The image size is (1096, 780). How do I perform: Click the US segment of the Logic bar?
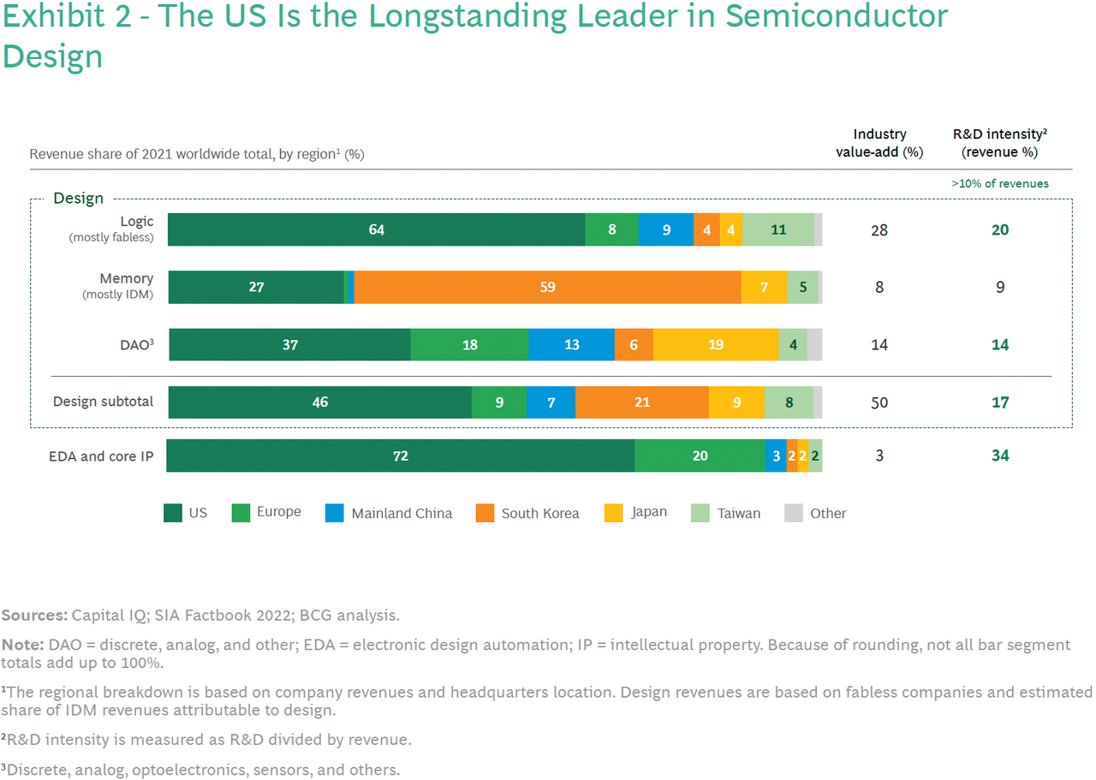pyautogui.click(x=376, y=229)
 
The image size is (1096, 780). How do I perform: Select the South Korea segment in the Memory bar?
pyautogui.click(x=547, y=287)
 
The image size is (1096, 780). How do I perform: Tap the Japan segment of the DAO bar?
pyautogui.click(x=716, y=344)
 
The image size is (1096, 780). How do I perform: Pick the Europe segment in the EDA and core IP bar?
pyautogui.click(x=700, y=455)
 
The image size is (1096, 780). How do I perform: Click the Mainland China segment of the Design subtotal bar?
pyautogui.click(x=551, y=402)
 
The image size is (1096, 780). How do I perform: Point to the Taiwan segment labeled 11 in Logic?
pyautogui.click(x=778, y=229)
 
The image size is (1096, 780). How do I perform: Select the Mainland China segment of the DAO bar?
pyautogui.click(x=571, y=344)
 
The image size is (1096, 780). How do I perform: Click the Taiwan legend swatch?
pyautogui.click(x=700, y=513)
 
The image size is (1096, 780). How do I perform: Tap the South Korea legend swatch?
pyautogui.click(x=485, y=513)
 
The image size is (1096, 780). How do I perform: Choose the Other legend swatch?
pyautogui.click(x=794, y=513)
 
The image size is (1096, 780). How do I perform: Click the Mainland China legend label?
pyautogui.click(x=402, y=514)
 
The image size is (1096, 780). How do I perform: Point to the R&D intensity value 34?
pyautogui.click(x=1000, y=455)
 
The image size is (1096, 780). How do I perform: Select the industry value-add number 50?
pyautogui.click(x=879, y=402)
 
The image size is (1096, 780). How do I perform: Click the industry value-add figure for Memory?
pyautogui.click(x=879, y=287)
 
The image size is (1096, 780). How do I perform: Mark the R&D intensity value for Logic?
pyautogui.click(x=1000, y=230)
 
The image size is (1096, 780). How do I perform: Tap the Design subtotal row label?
pyautogui.click(x=103, y=402)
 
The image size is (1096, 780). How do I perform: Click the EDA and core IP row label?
pyautogui.click(x=101, y=456)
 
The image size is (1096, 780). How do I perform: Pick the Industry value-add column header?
pyautogui.click(x=879, y=143)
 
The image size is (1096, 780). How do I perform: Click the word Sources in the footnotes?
pyautogui.click(x=34, y=615)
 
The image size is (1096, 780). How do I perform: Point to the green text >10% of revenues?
pyautogui.click(x=999, y=183)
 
